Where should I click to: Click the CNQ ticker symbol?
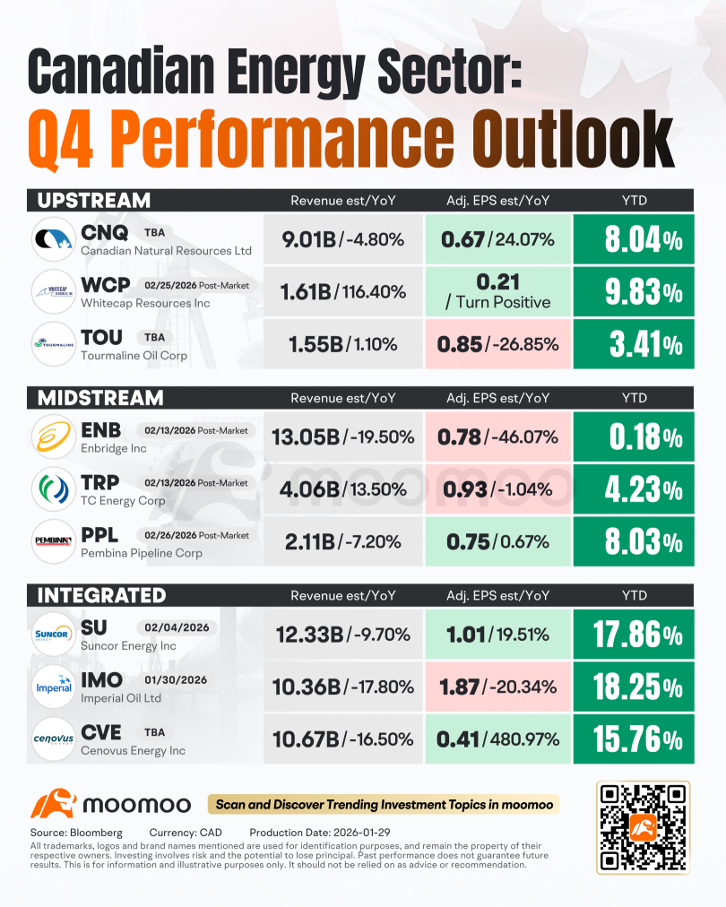(x=104, y=232)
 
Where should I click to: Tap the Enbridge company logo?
(x=53, y=436)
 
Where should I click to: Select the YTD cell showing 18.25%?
(x=634, y=687)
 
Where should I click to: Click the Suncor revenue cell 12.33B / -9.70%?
(x=343, y=635)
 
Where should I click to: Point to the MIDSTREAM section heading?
(x=100, y=398)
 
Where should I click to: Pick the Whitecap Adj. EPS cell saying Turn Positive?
(x=498, y=291)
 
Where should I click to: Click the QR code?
(x=643, y=827)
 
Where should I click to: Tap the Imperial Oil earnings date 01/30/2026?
(x=176, y=679)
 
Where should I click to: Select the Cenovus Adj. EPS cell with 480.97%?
(x=498, y=739)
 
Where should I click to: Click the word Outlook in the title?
(x=573, y=139)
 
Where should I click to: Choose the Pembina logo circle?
(x=53, y=541)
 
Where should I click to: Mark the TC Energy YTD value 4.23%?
(x=644, y=490)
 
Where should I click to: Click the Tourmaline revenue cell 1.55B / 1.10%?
(x=343, y=344)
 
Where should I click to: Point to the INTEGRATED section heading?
(x=102, y=596)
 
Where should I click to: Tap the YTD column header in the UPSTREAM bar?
(x=634, y=201)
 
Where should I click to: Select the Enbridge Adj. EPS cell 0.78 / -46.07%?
(x=498, y=436)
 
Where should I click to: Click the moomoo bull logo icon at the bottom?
(x=53, y=803)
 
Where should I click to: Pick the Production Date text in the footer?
(x=320, y=833)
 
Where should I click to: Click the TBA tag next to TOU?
(x=154, y=337)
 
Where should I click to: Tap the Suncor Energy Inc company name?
(x=128, y=645)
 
